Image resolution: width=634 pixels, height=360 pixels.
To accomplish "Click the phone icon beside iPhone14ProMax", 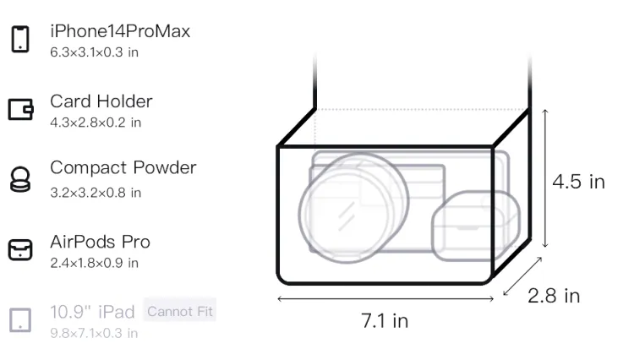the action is click(x=20, y=39).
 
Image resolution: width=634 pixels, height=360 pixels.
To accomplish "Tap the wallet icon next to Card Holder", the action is click(x=20, y=109).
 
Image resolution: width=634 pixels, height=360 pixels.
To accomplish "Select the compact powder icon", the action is click(x=19, y=179).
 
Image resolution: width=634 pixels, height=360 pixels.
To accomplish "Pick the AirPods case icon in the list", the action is click(x=20, y=249).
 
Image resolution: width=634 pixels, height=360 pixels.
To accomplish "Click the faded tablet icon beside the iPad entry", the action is click(x=20, y=320).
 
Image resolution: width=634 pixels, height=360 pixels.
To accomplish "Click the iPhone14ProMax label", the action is click(x=120, y=31).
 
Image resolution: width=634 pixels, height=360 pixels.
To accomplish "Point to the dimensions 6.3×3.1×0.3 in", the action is click(x=94, y=52).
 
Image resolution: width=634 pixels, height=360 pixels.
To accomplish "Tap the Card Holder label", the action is click(x=101, y=101).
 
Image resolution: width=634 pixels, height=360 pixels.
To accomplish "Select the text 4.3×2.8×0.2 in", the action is click(x=96, y=123).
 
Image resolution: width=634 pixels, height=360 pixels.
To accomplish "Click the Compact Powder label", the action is click(x=123, y=167).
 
